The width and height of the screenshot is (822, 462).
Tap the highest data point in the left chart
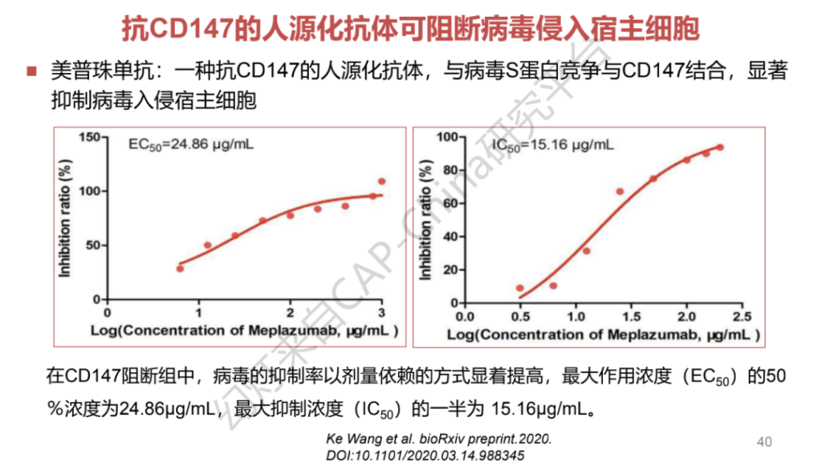[381, 181]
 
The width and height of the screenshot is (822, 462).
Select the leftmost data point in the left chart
[180, 268]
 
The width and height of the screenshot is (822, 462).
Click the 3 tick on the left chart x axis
[382, 314]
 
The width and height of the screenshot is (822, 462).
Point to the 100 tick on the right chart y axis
[446, 138]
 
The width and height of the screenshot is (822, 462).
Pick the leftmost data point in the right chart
[520, 288]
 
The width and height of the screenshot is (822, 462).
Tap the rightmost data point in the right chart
[719, 148]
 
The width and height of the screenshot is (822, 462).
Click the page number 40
[764, 441]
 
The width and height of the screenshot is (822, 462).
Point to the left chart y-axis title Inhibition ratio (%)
[66, 218]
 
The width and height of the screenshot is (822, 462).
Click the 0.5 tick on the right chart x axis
[520, 315]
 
